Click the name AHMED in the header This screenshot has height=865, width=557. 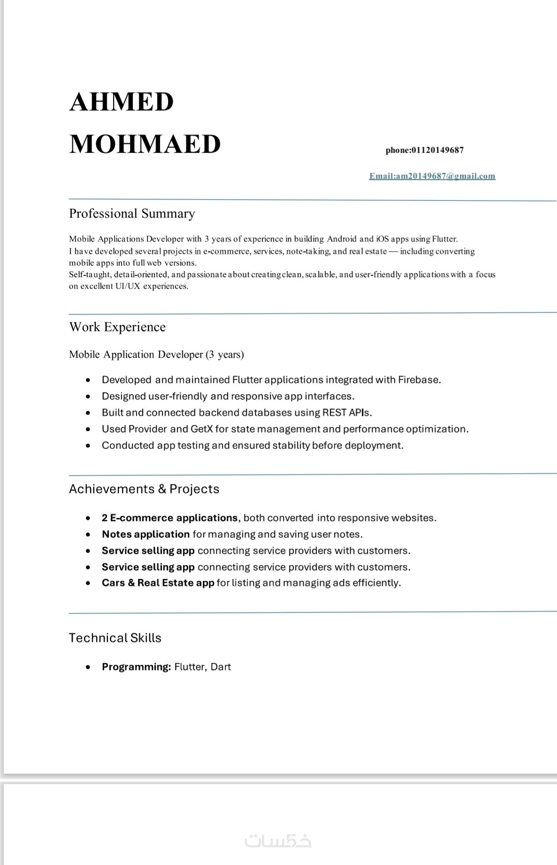(122, 102)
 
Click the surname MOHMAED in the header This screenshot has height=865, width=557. (145, 144)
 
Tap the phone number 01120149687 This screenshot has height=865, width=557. (437, 150)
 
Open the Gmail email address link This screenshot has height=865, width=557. (432, 176)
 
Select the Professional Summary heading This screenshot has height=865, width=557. (132, 214)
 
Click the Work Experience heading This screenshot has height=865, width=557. (117, 327)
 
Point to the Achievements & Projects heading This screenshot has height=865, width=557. (144, 489)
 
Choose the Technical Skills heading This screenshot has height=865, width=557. (115, 638)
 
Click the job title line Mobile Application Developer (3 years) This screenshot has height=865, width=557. (156, 354)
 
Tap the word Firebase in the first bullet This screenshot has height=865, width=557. (419, 380)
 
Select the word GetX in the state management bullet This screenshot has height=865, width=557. (202, 429)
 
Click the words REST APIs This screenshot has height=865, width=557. (347, 413)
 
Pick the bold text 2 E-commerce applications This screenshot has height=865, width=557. (170, 518)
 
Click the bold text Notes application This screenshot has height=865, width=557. (145, 534)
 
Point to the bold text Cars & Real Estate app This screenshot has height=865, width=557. (158, 583)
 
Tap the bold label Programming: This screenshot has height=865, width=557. (136, 667)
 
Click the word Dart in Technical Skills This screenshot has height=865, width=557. (221, 667)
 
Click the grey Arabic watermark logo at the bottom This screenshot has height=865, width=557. (278, 840)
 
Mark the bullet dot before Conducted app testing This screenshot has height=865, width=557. (88, 445)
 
